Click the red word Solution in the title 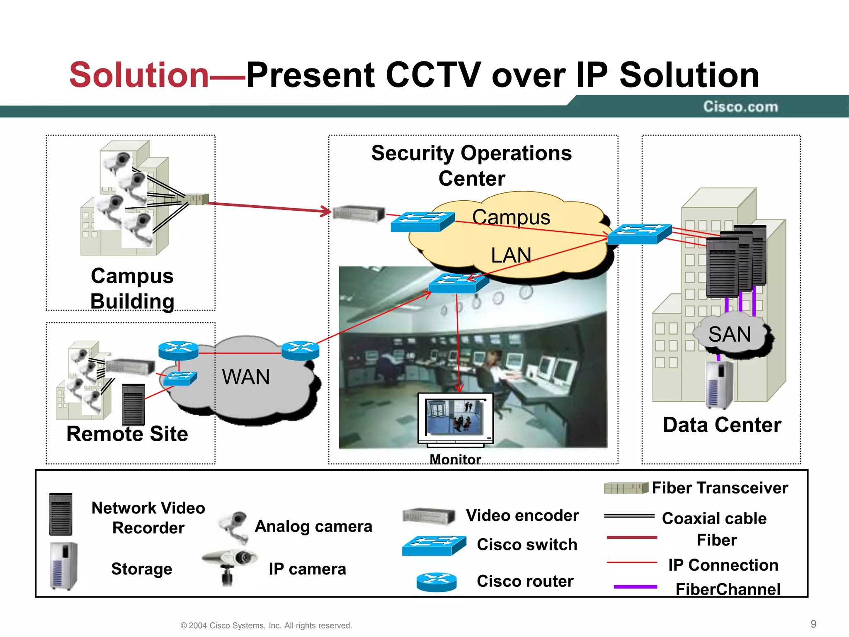[139, 75]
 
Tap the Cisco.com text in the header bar [740, 107]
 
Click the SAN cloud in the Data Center [730, 334]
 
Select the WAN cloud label [246, 377]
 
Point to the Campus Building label [132, 289]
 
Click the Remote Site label [127, 434]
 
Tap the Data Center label [722, 425]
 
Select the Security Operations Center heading [472, 165]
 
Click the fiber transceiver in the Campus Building [196, 199]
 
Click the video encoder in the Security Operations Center [359, 214]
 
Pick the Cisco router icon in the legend [437, 582]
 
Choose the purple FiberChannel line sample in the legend [635, 587]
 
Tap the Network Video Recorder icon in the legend [61, 514]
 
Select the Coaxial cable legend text [714, 518]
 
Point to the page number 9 [813, 624]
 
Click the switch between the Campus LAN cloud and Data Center [639, 234]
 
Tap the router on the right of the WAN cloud [300, 350]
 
